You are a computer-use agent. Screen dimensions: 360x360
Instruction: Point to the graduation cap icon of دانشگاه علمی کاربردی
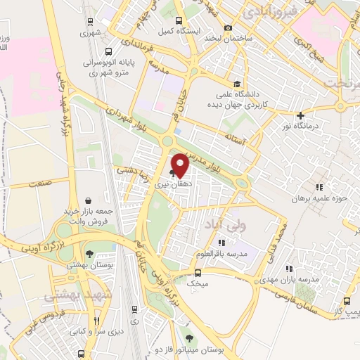pos(236,83)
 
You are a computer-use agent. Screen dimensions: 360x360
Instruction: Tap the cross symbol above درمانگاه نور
pos(300,115)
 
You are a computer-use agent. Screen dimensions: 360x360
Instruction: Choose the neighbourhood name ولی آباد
pos(223,224)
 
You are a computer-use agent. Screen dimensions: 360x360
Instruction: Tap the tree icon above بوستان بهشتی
pos(89,254)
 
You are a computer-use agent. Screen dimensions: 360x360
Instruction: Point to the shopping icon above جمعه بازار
pos(87,200)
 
